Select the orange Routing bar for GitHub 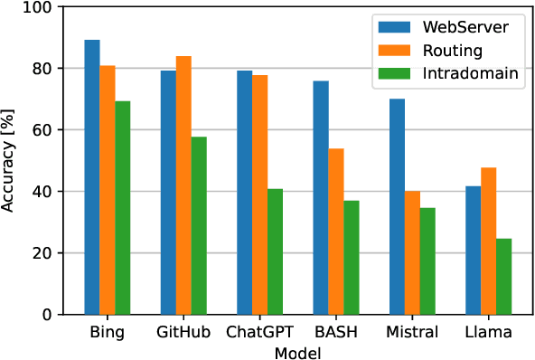click(x=183, y=185)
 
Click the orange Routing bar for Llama click(x=488, y=241)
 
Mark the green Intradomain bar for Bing click(x=123, y=208)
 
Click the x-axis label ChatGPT click(x=260, y=332)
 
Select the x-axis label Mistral click(x=412, y=332)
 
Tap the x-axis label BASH click(x=335, y=332)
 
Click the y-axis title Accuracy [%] click(x=10, y=160)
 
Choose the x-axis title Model click(x=297, y=351)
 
